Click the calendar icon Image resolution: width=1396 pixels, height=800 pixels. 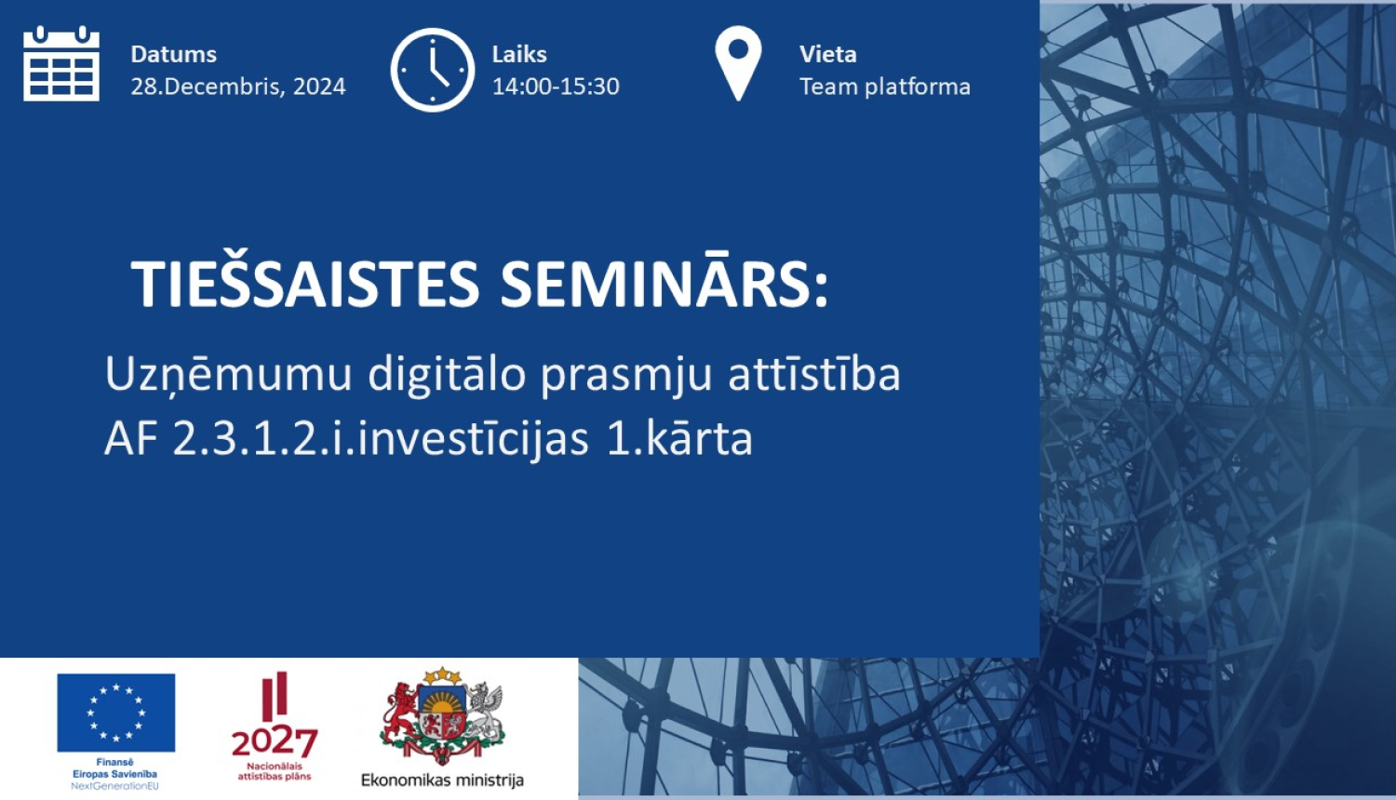pyautogui.click(x=61, y=63)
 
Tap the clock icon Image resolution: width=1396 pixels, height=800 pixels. pyautogui.click(x=433, y=70)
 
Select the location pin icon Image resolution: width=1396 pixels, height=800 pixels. pyautogui.click(x=738, y=63)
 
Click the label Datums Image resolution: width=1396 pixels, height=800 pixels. pyautogui.click(x=174, y=54)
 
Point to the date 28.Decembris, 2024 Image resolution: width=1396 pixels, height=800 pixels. pyautogui.click(x=238, y=86)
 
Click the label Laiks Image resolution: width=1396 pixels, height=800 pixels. pyautogui.click(x=519, y=54)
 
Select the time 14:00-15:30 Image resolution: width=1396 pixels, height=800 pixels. pyautogui.click(x=556, y=86)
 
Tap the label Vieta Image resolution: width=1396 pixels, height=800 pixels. pyautogui.click(x=828, y=54)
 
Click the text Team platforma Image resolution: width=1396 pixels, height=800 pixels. pyautogui.click(x=885, y=87)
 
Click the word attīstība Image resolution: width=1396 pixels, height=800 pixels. pyautogui.click(x=814, y=373)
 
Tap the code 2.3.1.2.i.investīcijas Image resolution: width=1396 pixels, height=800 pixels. pyautogui.click(x=381, y=439)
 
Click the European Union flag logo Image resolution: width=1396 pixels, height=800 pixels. pyautogui.click(x=116, y=713)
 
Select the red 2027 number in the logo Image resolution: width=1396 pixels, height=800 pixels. pyautogui.click(x=275, y=742)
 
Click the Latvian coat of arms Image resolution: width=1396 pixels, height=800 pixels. pyautogui.click(x=442, y=716)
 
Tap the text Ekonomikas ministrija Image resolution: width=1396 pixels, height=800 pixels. pyautogui.click(x=442, y=780)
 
